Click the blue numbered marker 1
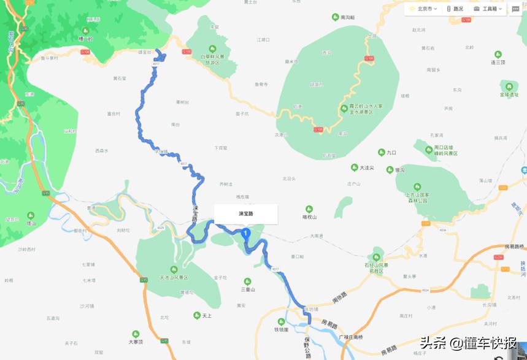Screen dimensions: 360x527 245,234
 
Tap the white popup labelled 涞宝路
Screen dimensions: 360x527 245,214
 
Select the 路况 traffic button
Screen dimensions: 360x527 455,9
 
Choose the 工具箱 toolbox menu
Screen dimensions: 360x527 488,9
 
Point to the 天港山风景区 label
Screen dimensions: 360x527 173,277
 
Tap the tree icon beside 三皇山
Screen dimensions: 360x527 247,281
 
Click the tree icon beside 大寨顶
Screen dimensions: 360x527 136,334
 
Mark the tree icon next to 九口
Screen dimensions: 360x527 382,152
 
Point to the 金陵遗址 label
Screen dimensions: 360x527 509,94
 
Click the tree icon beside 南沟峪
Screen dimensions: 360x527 335,18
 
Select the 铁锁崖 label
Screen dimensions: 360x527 282,329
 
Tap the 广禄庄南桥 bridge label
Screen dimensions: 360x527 351,337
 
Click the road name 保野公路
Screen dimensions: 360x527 307,347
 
